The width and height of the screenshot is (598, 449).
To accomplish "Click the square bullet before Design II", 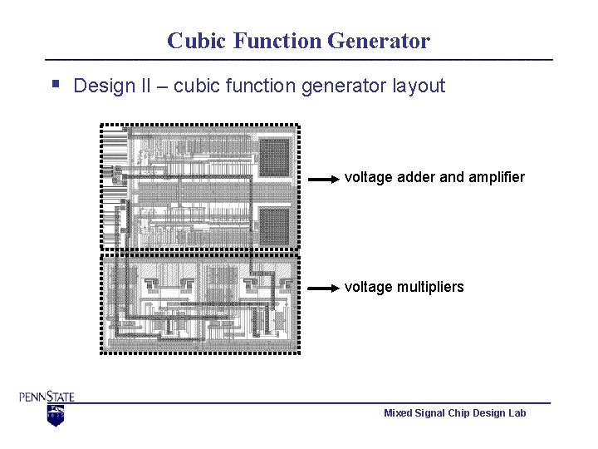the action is pyautogui.click(x=55, y=83).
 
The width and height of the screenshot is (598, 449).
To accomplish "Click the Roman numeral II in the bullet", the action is pyautogui.click(x=142, y=86).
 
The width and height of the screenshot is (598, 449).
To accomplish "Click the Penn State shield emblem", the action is pyautogui.click(x=55, y=415).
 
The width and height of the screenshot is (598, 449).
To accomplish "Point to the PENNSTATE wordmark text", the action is pyautogui.click(x=47, y=397).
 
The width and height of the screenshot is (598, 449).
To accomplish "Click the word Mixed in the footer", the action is pyautogui.click(x=398, y=413).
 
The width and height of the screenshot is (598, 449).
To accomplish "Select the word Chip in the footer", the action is pyautogui.click(x=460, y=413).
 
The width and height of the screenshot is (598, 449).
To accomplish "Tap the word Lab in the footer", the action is pyautogui.click(x=517, y=413).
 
